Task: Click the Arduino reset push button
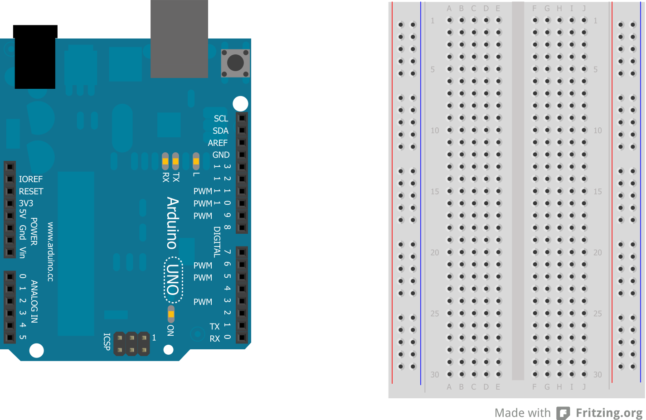[235, 63]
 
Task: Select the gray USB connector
[179, 39]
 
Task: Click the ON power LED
[171, 314]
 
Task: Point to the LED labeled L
[196, 161]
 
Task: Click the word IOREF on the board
[31, 179]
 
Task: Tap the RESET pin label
[31, 191]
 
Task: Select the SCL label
[221, 119]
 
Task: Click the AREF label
[218, 143]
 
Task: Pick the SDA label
[220, 131]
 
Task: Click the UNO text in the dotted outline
[173, 280]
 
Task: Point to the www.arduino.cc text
[50, 251]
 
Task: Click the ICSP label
[107, 342]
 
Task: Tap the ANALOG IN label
[34, 301]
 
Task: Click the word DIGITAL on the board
[217, 242]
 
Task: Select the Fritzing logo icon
[563, 413]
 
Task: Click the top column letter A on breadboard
[449, 9]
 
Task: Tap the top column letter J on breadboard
[584, 9]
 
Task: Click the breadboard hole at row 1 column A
[450, 20]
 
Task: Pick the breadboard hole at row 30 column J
[584, 374]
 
